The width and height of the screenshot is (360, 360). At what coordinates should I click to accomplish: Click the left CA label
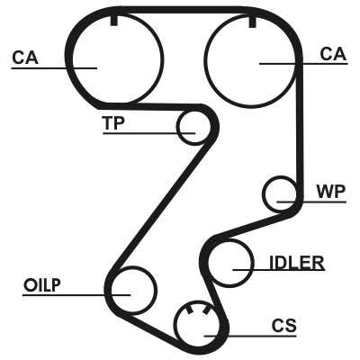tap(25, 58)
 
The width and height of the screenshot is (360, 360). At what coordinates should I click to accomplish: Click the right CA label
tap(333, 54)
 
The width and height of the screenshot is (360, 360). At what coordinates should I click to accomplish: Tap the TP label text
tap(113, 122)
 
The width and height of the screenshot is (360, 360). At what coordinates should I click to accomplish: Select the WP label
tap(331, 192)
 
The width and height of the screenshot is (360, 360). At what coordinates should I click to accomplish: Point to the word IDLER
tap(297, 263)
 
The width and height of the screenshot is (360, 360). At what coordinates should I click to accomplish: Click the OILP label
tap(42, 285)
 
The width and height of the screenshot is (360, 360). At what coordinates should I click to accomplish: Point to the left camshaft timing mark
tap(114, 21)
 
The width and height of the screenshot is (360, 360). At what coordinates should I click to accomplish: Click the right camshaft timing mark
tap(253, 22)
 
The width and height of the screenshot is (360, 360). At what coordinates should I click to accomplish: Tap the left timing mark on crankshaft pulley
tap(189, 310)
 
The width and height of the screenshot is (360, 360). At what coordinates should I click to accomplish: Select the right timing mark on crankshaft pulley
tap(206, 311)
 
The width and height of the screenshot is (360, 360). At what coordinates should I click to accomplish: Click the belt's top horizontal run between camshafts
tap(183, 10)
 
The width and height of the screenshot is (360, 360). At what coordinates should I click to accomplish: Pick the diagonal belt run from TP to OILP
tap(160, 204)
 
